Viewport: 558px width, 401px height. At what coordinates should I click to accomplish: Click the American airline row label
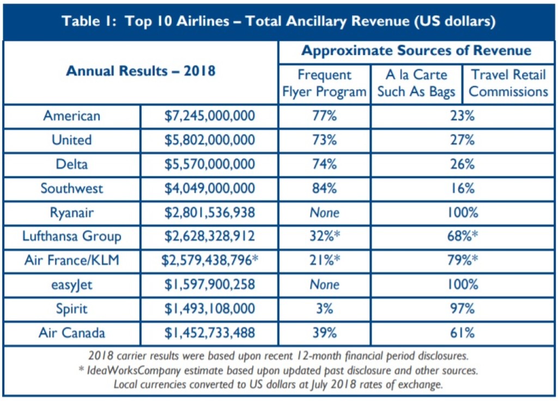[72, 116]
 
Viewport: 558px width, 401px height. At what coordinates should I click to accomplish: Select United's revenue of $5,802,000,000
[210, 140]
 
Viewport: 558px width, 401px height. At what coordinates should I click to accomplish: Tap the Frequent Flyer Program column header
[324, 83]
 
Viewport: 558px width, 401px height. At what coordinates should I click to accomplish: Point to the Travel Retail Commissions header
[508, 83]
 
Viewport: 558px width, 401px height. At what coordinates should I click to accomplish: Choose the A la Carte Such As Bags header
[416, 83]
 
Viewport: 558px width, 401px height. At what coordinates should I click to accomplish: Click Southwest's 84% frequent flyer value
[324, 189]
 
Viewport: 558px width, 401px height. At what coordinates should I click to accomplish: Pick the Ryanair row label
[72, 212]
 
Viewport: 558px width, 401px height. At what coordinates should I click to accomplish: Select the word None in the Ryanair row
[324, 212]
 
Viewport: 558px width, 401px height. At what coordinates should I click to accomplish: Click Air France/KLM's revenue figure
[210, 260]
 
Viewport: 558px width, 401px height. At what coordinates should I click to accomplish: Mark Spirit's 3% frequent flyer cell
[324, 308]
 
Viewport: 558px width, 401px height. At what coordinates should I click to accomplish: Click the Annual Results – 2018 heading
[141, 71]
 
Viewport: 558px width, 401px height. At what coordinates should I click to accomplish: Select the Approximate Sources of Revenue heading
[416, 51]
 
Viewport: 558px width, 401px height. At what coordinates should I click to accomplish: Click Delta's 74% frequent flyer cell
[324, 164]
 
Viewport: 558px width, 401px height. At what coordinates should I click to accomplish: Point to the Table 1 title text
[278, 22]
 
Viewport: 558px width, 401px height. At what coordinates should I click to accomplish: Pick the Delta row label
[72, 164]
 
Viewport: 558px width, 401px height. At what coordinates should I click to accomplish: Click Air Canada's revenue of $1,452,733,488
[210, 332]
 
